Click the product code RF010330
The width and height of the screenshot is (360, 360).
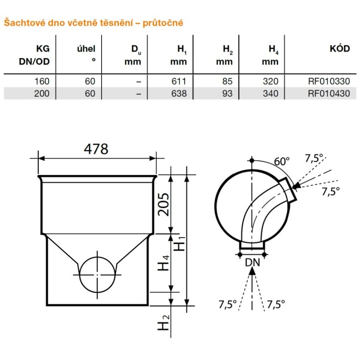click(x=329, y=81)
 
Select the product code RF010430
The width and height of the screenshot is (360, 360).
click(x=329, y=93)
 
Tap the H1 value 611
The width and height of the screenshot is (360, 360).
click(x=179, y=81)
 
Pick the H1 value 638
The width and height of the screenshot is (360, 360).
click(x=179, y=93)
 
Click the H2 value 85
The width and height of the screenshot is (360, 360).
click(x=227, y=81)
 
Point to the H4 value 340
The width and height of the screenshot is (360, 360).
click(x=271, y=93)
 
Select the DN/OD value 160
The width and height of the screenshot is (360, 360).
click(x=42, y=81)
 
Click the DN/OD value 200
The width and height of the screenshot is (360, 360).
click(x=42, y=93)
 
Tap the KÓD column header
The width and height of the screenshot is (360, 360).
click(x=340, y=49)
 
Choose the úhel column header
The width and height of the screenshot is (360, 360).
click(x=86, y=49)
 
